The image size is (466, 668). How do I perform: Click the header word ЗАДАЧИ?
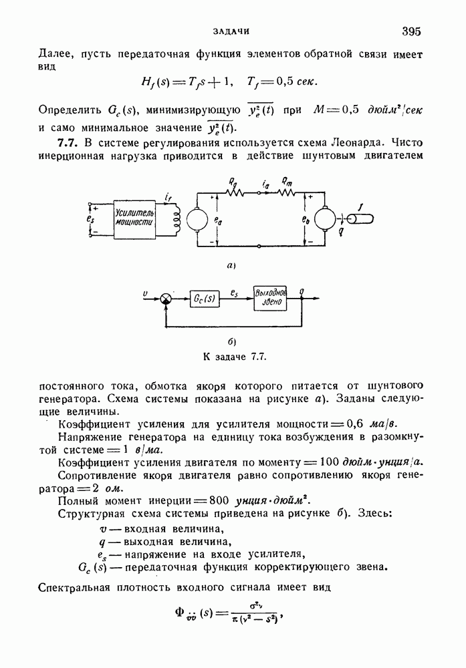(x=232, y=31)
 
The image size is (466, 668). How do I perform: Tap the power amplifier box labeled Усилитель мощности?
(x=134, y=218)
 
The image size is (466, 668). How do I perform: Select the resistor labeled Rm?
(x=286, y=192)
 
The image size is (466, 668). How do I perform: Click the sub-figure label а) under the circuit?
(x=231, y=266)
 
